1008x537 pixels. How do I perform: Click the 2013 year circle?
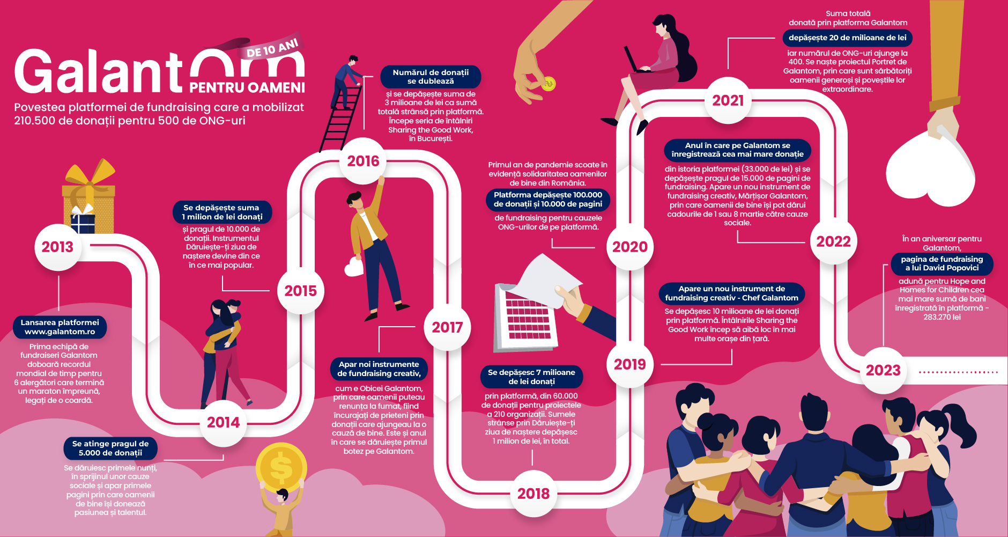point(57,247)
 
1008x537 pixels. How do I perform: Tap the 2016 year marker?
point(363,161)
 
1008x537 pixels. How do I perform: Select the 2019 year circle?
point(630,364)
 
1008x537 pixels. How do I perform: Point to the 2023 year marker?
point(883,370)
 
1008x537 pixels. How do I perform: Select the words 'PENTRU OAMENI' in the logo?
point(247,87)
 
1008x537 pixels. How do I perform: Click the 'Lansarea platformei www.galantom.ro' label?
point(60,327)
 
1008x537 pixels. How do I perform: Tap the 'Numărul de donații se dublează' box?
point(431,77)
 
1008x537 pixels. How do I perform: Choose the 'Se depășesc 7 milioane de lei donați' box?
point(531,377)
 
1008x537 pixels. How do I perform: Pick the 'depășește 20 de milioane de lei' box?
point(848,38)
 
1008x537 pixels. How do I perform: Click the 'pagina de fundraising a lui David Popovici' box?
point(942,263)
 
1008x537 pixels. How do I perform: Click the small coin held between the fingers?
point(548,84)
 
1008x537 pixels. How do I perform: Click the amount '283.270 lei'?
point(942,317)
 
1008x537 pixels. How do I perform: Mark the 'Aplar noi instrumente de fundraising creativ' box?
point(379,369)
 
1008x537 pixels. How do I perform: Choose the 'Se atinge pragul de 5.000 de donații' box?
point(110,448)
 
